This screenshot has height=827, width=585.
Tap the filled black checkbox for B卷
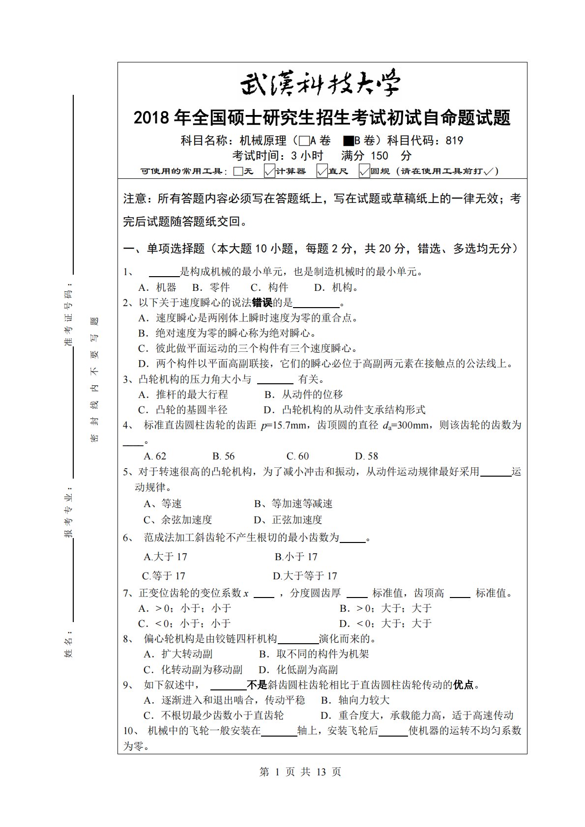coord(348,141)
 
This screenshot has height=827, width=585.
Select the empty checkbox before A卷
coord(304,141)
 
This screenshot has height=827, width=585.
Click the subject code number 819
coord(454,141)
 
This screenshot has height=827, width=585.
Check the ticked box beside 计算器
coord(269,171)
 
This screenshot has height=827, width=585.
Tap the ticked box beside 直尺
coord(322,171)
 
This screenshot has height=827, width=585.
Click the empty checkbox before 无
coord(238,171)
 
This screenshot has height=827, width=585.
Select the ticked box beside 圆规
coord(364,171)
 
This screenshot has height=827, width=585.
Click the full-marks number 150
coord(379,156)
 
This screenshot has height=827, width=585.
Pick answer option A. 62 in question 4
coord(155,456)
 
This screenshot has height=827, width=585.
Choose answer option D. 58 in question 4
coord(366,456)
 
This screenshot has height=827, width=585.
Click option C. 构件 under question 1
coord(269,287)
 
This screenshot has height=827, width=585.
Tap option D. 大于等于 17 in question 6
coord(305,576)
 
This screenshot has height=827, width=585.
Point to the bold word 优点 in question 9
coord(464,685)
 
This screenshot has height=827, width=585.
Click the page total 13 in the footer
coord(321,772)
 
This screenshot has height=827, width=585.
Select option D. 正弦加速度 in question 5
coord(288,520)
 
